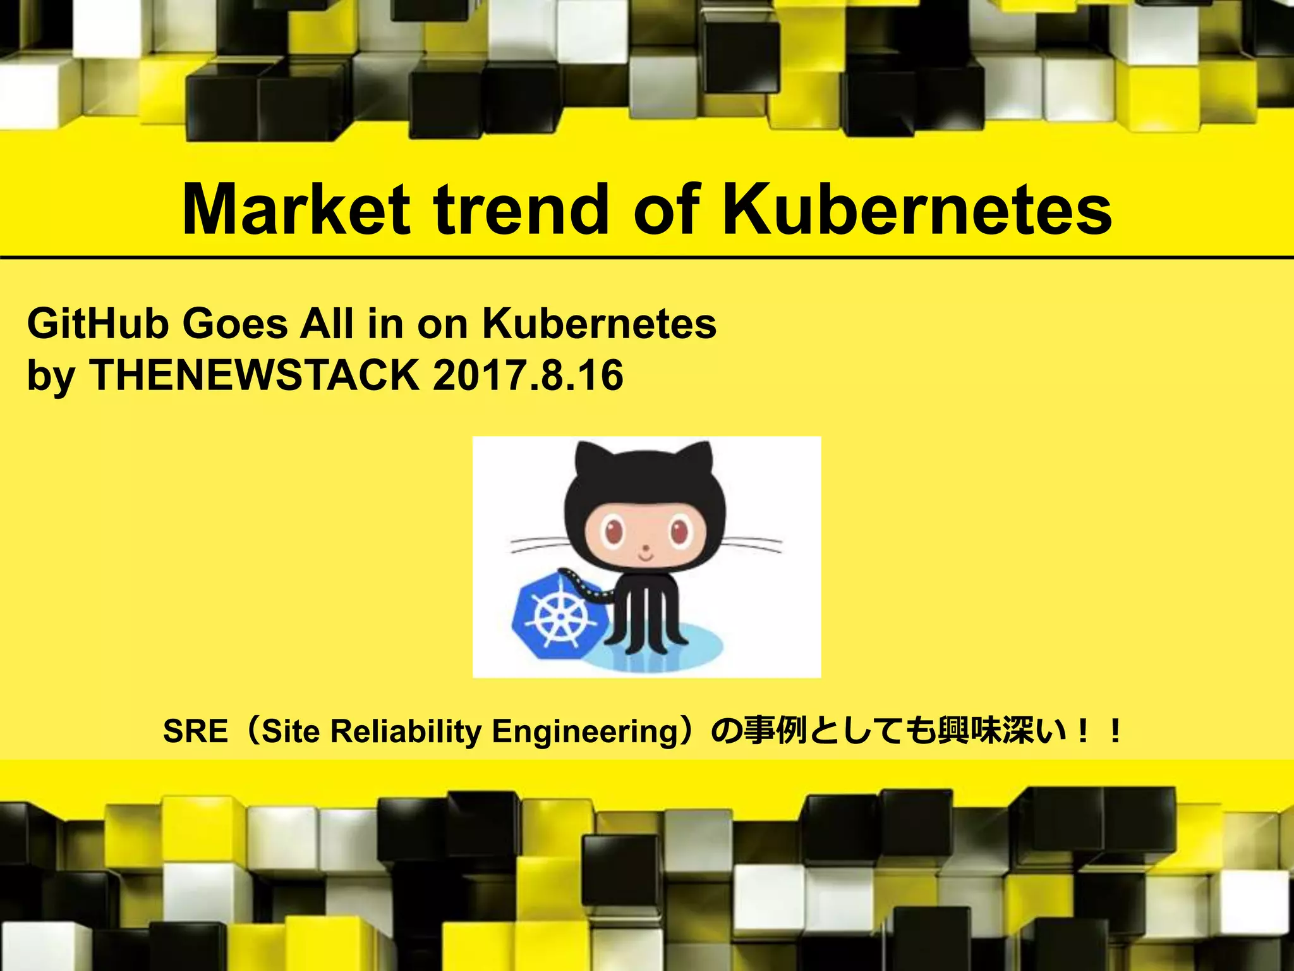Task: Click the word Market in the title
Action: tap(296, 209)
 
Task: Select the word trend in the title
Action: tap(519, 209)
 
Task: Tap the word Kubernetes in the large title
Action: tap(917, 209)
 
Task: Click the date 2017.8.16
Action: tap(528, 375)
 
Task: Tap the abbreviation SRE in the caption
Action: tap(195, 731)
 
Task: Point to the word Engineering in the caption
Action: tap(584, 731)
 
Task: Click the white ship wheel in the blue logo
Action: tap(560, 616)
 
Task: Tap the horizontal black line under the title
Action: tap(647, 258)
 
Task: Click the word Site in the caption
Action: tap(291, 731)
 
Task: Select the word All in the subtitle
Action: tap(327, 324)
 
